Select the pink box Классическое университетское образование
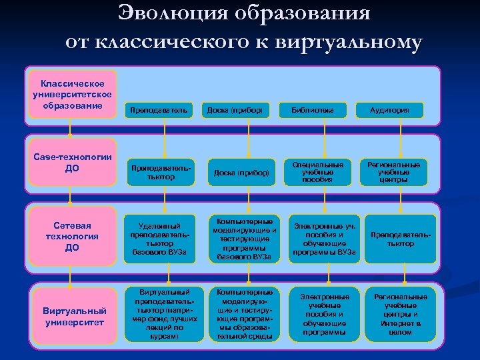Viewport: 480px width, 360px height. [x=72, y=95]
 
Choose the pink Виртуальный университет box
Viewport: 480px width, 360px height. [x=74, y=316]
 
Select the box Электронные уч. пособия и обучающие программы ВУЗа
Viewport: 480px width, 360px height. [x=323, y=239]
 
